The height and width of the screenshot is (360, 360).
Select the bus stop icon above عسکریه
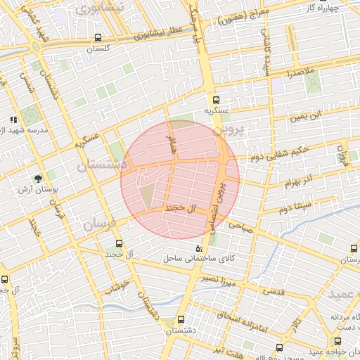216,100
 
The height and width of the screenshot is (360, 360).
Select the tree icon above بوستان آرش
38,179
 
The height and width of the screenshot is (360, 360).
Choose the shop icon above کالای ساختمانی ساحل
198,249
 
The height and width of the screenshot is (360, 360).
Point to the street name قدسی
274,291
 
